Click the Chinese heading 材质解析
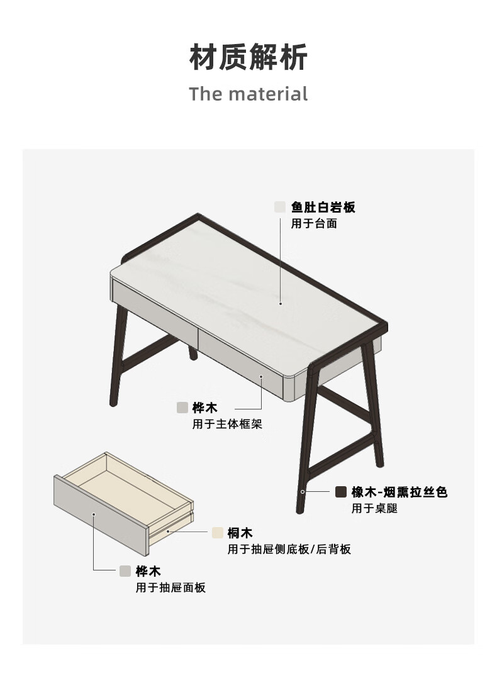(248, 57)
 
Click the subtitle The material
(248, 94)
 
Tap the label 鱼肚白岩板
(323, 208)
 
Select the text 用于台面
(314, 224)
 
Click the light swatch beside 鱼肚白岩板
(280, 208)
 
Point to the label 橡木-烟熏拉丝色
(399, 492)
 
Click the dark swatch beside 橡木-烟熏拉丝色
(341, 492)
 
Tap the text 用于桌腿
(374, 508)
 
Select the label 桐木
(240, 533)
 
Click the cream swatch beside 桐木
(218, 533)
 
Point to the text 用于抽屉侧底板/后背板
(289, 549)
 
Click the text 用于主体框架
(227, 424)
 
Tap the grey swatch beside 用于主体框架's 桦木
(182, 408)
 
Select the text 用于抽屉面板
(170, 587)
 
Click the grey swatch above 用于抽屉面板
(125, 571)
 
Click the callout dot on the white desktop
(280, 303)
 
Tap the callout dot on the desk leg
(303, 492)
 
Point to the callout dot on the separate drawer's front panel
(94, 514)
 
